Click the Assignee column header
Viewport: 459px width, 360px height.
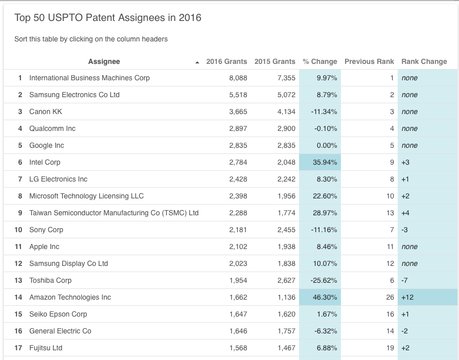[x=104, y=61]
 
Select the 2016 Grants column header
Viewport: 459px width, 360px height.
[x=226, y=61]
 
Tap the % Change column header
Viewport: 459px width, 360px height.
[x=320, y=61]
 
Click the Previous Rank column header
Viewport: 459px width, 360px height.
[x=369, y=61]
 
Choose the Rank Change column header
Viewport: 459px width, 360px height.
[x=424, y=61]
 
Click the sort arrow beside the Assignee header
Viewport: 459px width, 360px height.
[x=197, y=62]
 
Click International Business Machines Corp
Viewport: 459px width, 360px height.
[x=89, y=78]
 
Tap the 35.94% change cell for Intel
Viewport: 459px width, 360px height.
[x=325, y=162]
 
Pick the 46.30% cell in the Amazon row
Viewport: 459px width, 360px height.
[x=325, y=297]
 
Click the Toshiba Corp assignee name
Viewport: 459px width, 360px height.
[x=50, y=280]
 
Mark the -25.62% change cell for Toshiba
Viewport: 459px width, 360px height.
[x=324, y=280]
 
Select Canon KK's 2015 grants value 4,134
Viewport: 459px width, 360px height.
[x=286, y=111]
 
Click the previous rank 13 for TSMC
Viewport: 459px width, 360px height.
[x=390, y=213]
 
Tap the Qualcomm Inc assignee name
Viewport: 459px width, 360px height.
[x=52, y=128]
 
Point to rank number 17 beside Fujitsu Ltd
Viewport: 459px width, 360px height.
[x=18, y=348]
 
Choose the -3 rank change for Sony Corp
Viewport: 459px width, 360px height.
[x=405, y=230]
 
